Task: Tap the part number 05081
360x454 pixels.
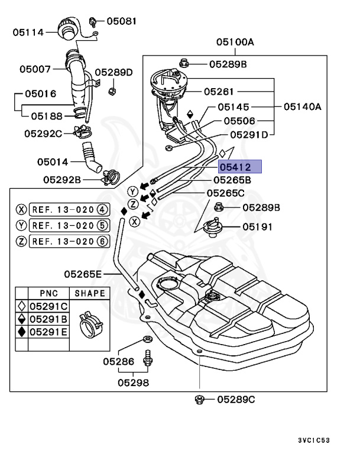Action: tap(121, 21)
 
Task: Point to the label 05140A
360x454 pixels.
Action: tap(301, 107)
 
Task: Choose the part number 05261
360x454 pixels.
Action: tap(219, 92)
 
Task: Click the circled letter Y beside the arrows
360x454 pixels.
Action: tap(133, 192)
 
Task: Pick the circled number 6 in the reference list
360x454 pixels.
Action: tap(102, 241)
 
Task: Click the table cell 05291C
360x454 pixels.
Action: tap(49, 306)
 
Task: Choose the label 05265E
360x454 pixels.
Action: tap(83, 274)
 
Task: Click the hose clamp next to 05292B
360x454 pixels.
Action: tap(111, 176)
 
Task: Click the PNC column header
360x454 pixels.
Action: tap(49, 293)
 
